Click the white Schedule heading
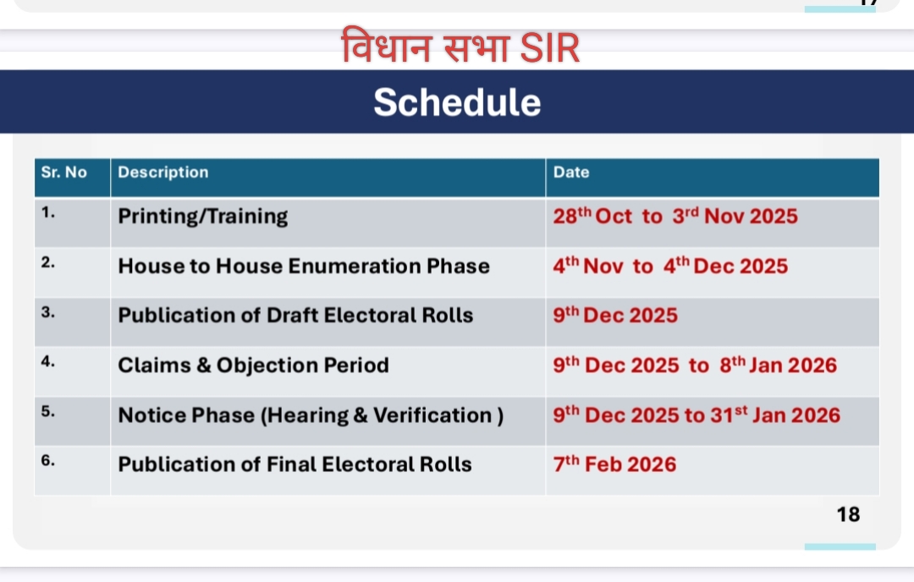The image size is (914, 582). pos(457,102)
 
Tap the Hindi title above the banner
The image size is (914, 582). pos(460,46)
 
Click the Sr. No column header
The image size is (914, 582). pos(64,173)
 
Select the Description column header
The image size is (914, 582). pos(163,173)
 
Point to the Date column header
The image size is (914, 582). pos(571,173)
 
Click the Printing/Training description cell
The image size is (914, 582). pos(203,217)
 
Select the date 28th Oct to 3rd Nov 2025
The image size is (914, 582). pos(675,217)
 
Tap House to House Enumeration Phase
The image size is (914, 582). pos(304,266)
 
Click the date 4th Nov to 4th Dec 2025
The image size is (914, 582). pos(670,266)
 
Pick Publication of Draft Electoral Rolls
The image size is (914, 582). pos(295,316)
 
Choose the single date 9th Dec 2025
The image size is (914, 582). pos(615,316)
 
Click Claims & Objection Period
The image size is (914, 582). pos(254,365)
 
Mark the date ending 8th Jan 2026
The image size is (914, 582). pos(695,365)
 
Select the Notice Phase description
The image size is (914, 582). pos(311,415)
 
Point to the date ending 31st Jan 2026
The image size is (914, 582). pos(697,415)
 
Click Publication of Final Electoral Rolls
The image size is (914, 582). pos(295,464)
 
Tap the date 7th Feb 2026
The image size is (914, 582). pos(615,464)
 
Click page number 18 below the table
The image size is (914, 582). pos(848,514)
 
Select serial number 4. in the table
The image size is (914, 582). pos(47,362)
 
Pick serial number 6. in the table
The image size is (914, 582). pos(47,461)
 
